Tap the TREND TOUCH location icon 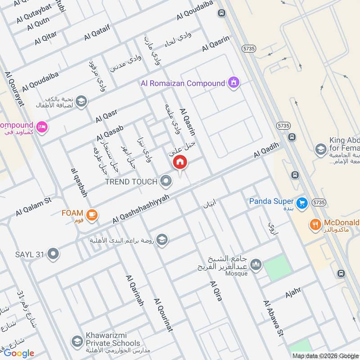166,181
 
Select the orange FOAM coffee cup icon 92,215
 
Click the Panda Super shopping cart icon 301,202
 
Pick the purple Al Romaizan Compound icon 234,83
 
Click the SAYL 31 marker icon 54,255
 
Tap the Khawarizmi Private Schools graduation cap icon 78,339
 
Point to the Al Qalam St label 34,207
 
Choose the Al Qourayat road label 13,89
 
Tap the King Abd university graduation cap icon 320,149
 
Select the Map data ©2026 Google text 325,355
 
